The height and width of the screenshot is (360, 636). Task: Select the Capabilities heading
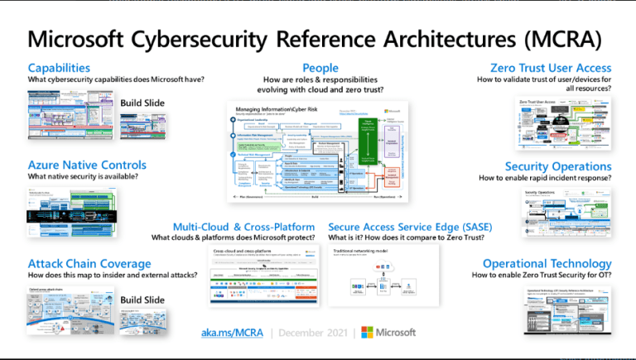(x=59, y=68)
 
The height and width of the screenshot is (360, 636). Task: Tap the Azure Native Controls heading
(x=87, y=165)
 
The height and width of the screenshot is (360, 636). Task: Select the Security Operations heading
(x=558, y=166)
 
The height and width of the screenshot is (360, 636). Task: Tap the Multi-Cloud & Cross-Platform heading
(x=243, y=226)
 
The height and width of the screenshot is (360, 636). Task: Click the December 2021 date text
(x=306, y=333)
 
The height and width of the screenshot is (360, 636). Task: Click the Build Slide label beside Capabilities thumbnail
(x=143, y=103)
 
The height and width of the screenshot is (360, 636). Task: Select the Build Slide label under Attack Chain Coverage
(x=143, y=300)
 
